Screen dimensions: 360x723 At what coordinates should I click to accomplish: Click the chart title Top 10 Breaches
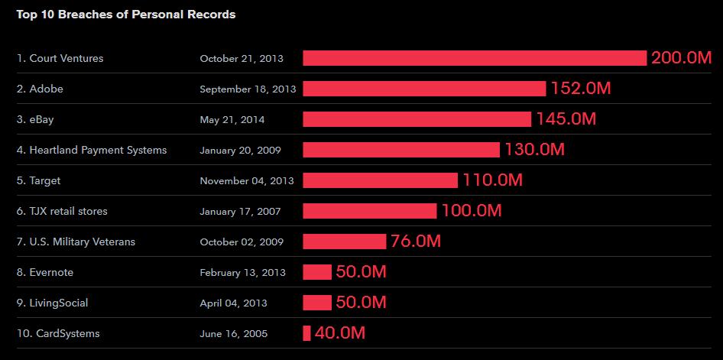tap(126, 15)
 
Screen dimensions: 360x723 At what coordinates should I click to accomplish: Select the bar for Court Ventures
tap(475, 58)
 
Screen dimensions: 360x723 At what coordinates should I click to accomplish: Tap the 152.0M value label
tap(580, 89)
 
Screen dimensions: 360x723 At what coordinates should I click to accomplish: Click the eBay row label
tap(35, 119)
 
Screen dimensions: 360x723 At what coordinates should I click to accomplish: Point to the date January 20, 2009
tap(241, 150)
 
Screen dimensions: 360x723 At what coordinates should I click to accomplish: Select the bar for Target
tap(380, 180)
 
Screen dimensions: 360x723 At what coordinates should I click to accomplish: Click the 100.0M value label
tap(471, 211)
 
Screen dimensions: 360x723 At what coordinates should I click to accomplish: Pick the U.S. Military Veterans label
tap(76, 242)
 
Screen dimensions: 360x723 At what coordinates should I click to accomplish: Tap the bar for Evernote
tap(317, 272)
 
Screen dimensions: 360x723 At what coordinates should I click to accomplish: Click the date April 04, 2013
tap(233, 303)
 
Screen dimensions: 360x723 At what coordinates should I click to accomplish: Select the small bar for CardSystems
tap(306, 333)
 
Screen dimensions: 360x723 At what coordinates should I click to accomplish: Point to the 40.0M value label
tap(339, 333)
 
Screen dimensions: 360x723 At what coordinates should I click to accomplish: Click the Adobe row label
tap(40, 89)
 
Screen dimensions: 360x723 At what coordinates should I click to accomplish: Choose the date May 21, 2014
tap(232, 119)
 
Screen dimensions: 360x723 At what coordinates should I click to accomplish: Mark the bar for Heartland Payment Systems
tap(401, 150)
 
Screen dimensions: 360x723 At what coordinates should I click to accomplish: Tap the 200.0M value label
tap(681, 58)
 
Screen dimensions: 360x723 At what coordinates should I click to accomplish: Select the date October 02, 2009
tap(241, 242)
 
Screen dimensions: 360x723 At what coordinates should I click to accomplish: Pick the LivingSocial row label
tap(52, 303)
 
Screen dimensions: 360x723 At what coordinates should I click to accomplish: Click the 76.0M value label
tap(415, 242)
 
